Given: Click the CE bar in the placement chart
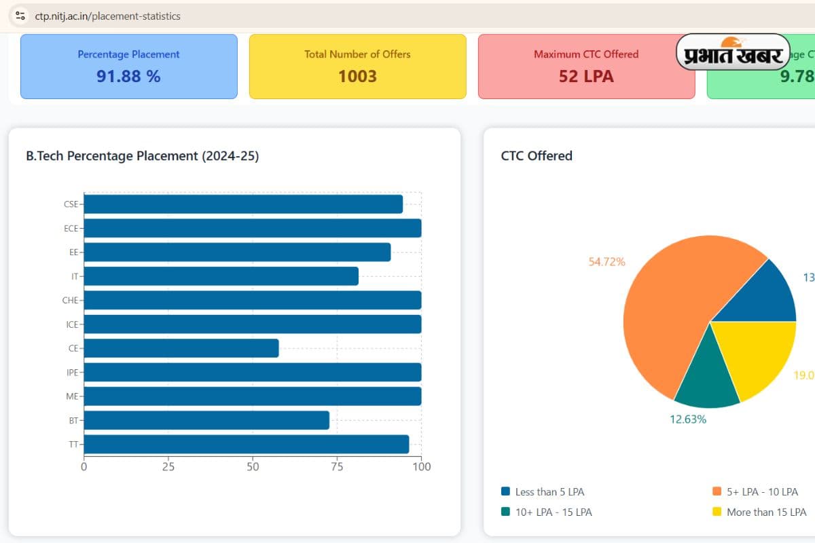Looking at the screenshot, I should pos(181,348).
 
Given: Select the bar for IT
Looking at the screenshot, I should pos(221,276).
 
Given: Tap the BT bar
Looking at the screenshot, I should pos(206,420).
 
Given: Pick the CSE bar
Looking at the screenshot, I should pos(243,204).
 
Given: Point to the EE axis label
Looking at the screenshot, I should pos(73,252).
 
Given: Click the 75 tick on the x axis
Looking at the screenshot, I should pos(338,466).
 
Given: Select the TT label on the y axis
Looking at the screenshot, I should pos(73,445).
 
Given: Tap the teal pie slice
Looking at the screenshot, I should pos(708,380).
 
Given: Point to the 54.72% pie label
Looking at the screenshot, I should pos(606,261).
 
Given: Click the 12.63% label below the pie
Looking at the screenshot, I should pos(688,419).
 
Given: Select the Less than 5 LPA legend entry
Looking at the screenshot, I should pos(549,491).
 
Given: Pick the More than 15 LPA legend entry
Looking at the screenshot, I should pos(765,512).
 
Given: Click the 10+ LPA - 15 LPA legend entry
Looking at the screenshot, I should pos(553,512).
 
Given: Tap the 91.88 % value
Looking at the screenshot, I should pos(128,76).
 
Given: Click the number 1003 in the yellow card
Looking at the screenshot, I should pos(357,76).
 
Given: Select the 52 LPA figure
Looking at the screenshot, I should pos(586,76).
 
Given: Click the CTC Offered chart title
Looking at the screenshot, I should pos(537,155).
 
